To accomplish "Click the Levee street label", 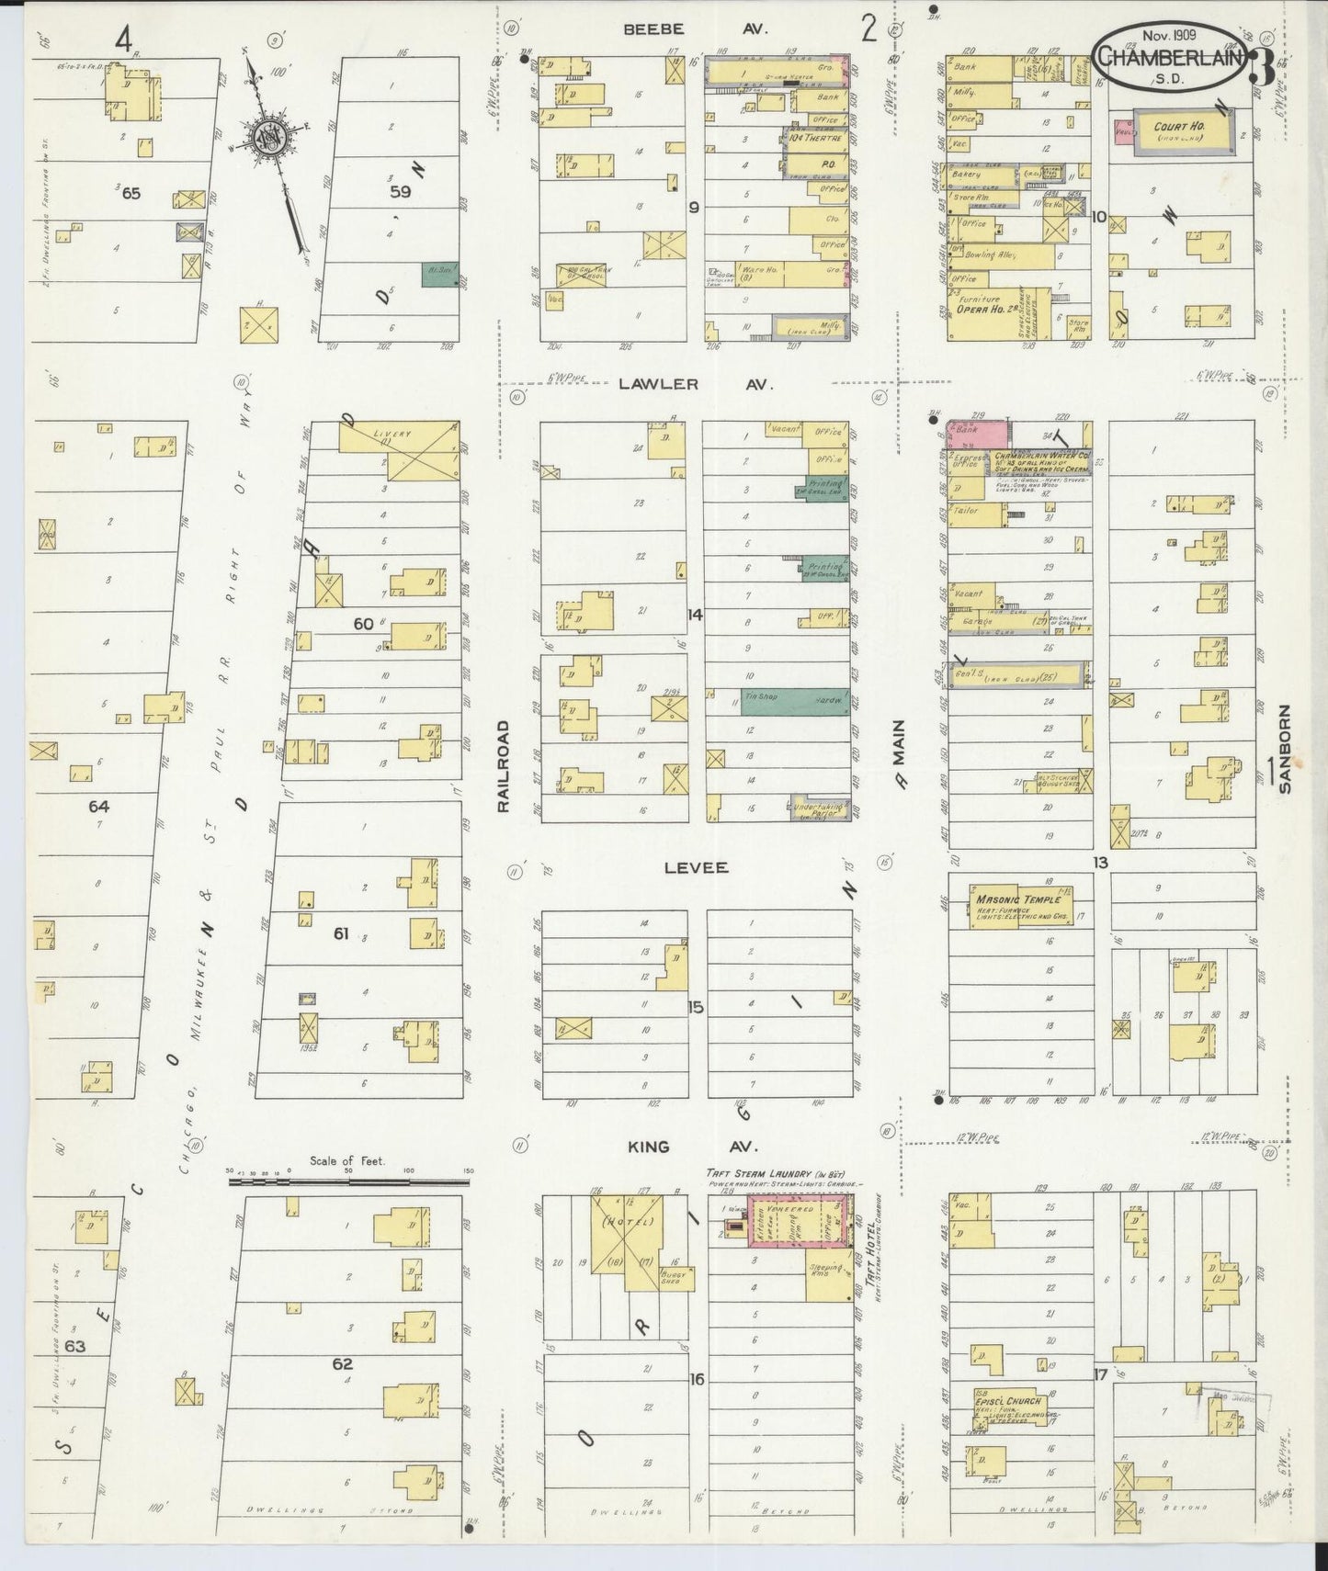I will [x=696, y=867].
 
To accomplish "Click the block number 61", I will [x=340, y=933].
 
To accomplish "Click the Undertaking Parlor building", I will [x=819, y=808].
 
